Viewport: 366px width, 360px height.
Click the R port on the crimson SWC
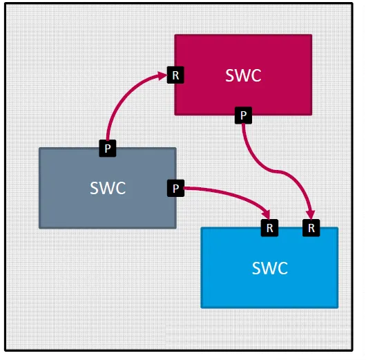[x=175, y=75]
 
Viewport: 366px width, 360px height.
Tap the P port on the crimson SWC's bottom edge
[x=243, y=115]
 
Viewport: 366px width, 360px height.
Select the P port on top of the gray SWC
[x=108, y=148]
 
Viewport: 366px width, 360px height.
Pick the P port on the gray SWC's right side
[x=176, y=188]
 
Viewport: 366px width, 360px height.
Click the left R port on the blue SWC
[x=269, y=228]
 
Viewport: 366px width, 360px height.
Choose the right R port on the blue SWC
[x=311, y=228]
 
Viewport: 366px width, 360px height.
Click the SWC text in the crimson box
[x=243, y=75]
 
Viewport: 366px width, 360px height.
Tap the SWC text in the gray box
[x=108, y=188]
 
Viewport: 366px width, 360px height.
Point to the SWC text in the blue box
[x=270, y=268]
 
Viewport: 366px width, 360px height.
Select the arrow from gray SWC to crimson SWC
[x=124, y=98]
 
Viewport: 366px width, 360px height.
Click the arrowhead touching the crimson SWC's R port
[x=162, y=76]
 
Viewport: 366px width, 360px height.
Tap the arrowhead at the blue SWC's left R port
[x=267, y=214]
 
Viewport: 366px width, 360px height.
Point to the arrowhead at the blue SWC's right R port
[x=311, y=215]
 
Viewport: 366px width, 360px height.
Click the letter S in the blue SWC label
[x=256, y=268]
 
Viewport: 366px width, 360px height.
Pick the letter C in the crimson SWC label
[x=256, y=75]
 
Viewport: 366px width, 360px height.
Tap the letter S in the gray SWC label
[x=94, y=188]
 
